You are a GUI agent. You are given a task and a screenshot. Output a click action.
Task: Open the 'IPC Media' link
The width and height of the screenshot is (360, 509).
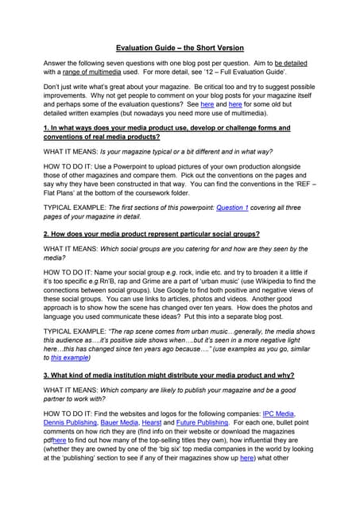(278, 414)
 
